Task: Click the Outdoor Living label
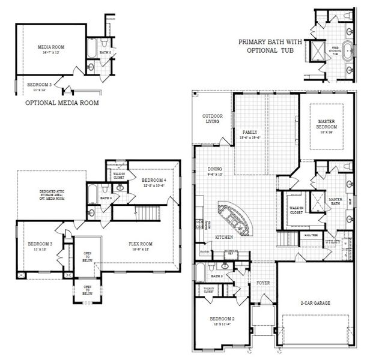pyautogui.click(x=210, y=119)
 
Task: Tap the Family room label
pyautogui.click(x=249, y=134)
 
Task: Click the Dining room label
pyautogui.click(x=215, y=172)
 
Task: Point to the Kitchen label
pyautogui.click(x=223, y=238)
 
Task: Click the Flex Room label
pyautogui.click(x=141, y=245)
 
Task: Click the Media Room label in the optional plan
pyautogui.click(x=51, y=49)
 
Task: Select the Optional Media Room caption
pyautogui.click(x=62, y=103)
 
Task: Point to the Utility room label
pyautogui.click(x=332, y=241)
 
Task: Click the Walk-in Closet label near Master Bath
pyautogui.click(x=295, y=210)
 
